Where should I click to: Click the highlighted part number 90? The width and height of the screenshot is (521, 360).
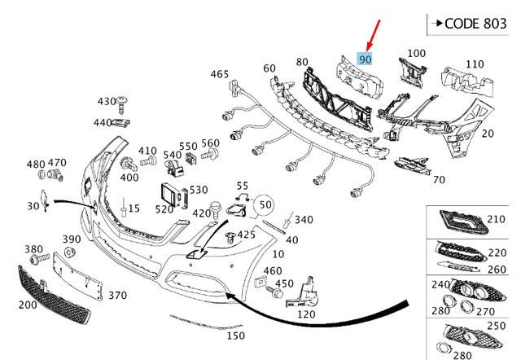(x=366, y=59)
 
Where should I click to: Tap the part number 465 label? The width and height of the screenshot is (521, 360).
(x=220, y=74)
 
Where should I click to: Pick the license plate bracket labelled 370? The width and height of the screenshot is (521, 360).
(x=81, y=270)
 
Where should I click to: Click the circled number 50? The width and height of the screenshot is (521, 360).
(x=265, y=205)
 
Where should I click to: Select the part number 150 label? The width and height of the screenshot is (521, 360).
(x=235, y=336)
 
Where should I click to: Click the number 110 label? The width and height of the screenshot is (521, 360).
(x=475, y=64)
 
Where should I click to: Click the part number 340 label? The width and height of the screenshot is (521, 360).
(x=304, y=219)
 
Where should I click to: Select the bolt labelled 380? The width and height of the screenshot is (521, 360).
(x=37, y=260)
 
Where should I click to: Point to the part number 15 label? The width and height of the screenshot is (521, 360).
(x=134, y=209)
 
